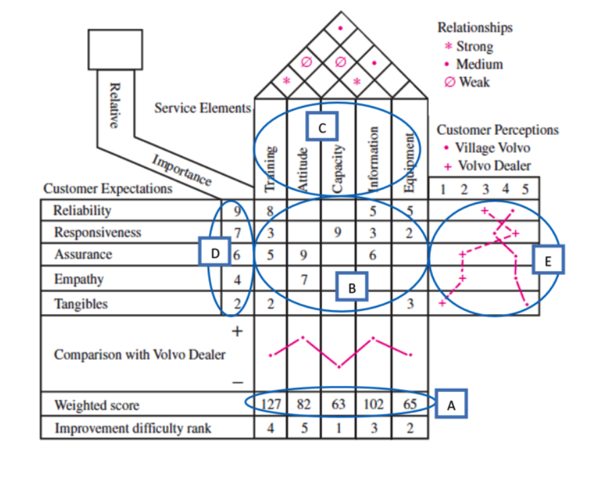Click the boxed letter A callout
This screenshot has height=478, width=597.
[451, 404]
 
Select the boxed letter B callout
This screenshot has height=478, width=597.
[352, 287]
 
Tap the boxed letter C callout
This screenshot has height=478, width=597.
[322, 127]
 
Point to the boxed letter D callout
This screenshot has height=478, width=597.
[214, 251]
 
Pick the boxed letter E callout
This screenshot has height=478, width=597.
[548, 260]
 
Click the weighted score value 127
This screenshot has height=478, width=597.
[271, 404]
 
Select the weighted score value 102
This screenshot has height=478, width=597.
[374, 404]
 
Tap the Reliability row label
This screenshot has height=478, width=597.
[82, 210]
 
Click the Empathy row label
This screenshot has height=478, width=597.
[79, 279]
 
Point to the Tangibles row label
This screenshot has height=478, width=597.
[81, 304]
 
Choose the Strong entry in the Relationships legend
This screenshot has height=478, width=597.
[469, 46]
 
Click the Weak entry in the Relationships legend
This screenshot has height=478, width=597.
[467, 82]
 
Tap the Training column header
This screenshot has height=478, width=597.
[270, 169]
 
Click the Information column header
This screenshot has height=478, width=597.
[374, 158]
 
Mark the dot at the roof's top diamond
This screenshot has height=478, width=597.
[340, 28]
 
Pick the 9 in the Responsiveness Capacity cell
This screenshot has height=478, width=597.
[337, 232]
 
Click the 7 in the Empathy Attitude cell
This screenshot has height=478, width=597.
[304, 280]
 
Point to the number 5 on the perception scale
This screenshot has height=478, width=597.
[526, 189]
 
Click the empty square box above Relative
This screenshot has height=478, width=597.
[116, 30]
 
